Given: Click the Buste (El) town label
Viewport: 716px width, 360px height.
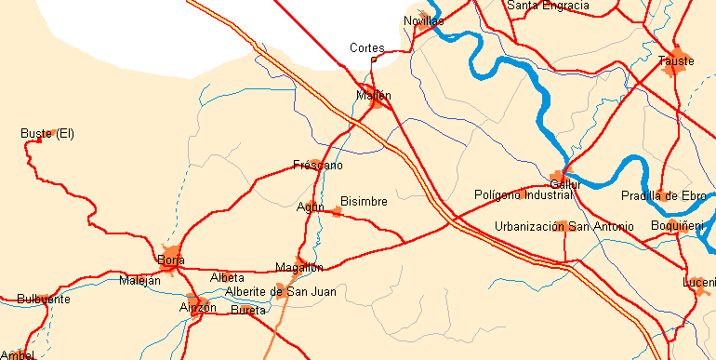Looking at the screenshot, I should (46, 134).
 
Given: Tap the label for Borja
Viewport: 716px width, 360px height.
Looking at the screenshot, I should (171, 260).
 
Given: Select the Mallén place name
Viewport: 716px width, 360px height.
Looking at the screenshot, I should (374, 95).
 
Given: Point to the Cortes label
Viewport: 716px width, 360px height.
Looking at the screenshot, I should (366, 47).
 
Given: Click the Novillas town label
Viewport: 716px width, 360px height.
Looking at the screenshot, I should (424, 20).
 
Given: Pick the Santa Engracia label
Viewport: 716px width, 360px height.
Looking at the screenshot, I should (548, 6).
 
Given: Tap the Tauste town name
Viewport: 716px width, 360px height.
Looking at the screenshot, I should (676, 61).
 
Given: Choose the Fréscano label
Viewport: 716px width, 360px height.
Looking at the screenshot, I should (318, 166).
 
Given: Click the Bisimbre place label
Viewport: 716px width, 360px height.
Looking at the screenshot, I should (364, 201).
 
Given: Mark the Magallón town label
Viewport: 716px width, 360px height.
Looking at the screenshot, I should (298, 268).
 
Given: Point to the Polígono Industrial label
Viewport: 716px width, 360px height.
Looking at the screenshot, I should (524, 195).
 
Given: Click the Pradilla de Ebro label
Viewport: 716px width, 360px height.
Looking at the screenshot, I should (664, 195).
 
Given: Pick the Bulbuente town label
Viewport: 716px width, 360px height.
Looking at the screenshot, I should (43, 300).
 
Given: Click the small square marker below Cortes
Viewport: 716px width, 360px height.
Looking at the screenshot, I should (374, 60).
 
